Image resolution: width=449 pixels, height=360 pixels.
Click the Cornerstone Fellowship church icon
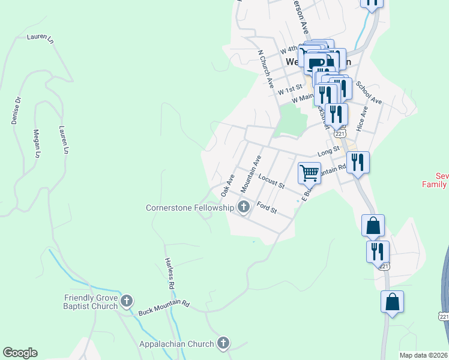244,208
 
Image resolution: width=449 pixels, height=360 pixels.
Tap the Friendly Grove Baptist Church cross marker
126,301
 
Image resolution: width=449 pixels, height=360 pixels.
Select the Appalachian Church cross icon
223,344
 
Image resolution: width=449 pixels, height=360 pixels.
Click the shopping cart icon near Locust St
309,173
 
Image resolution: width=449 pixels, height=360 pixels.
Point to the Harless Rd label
170,273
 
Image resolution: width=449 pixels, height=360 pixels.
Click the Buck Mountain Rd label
164,308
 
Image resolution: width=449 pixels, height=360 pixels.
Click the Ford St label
267,208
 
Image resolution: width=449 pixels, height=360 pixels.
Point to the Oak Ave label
227,185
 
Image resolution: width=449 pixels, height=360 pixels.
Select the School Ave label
369,93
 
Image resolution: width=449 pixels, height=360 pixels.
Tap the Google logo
20,353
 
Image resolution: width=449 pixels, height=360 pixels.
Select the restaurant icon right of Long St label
358,162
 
